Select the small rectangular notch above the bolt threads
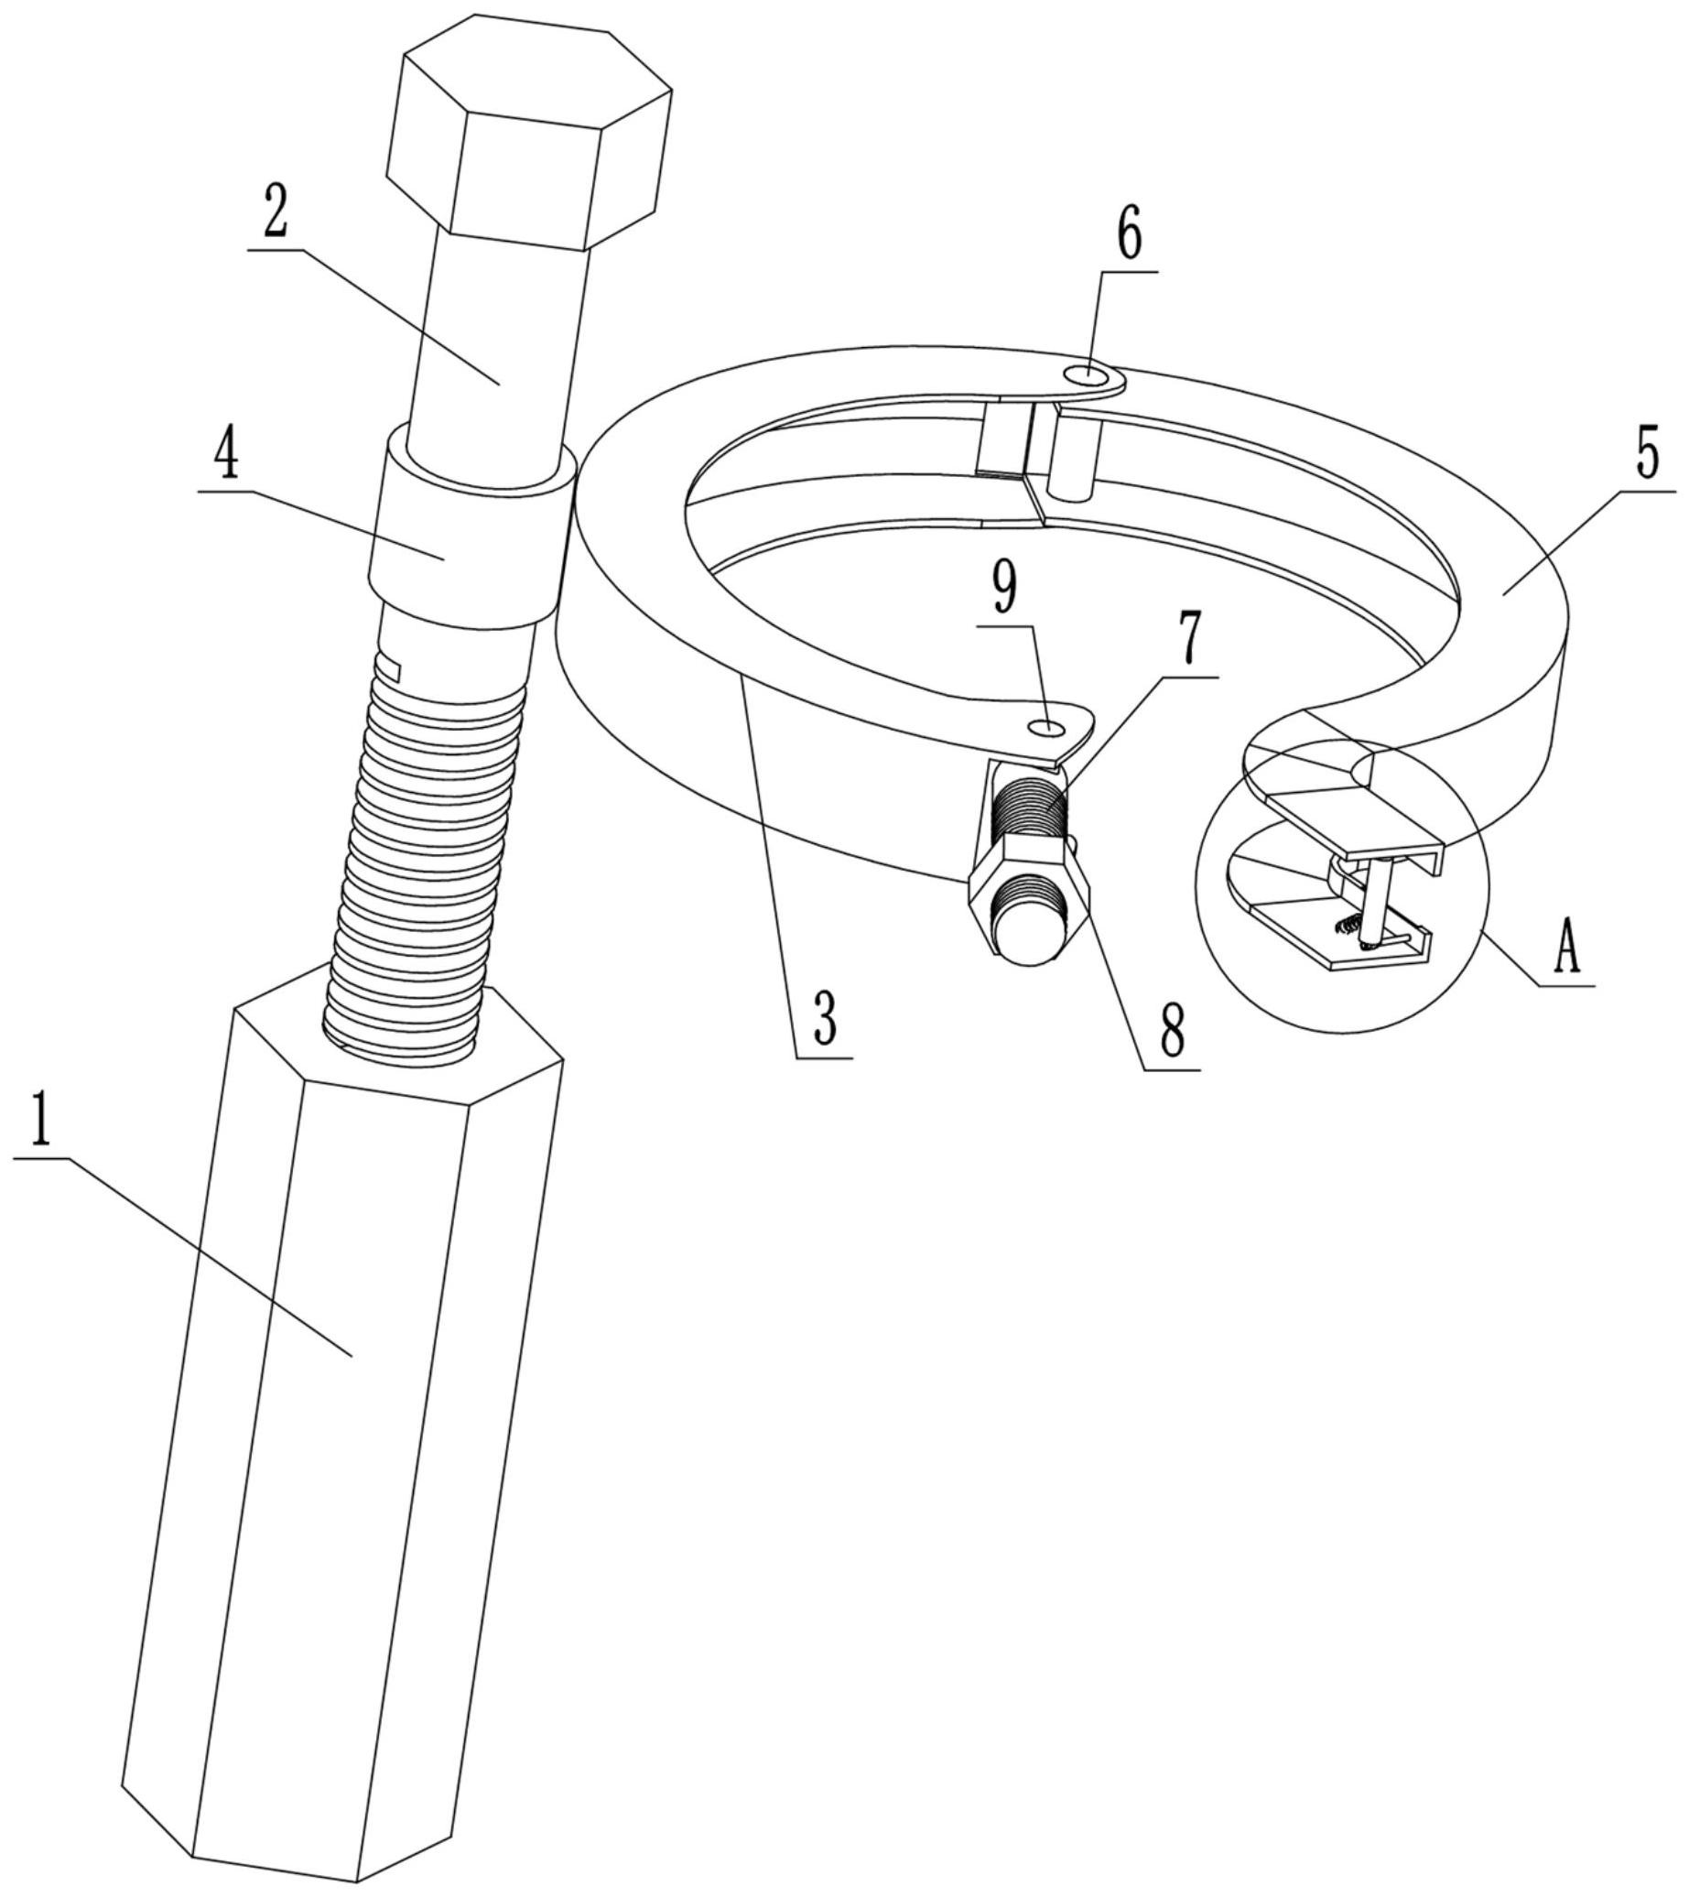(386, 667)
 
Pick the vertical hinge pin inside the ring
(1073, 454)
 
